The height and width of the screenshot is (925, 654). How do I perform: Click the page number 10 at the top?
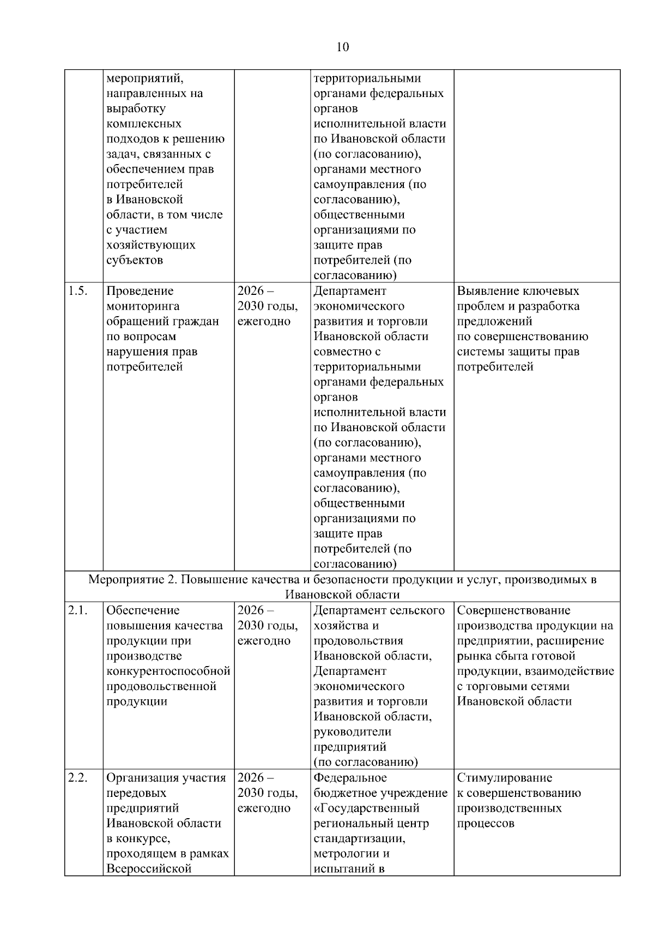[343, 47]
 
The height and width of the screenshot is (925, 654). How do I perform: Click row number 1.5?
[77, 291]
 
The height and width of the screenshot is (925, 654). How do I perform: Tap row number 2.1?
[77, 610]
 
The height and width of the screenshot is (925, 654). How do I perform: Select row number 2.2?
[77, 778]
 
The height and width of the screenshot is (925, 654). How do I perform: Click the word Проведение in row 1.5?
[140, 291]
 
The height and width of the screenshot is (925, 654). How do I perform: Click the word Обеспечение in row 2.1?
[143, 610]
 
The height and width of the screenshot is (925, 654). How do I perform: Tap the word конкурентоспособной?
[168, 671]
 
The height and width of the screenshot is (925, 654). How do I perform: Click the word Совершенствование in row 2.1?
[513, 610]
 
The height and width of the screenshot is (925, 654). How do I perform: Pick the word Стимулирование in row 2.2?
[504, 778]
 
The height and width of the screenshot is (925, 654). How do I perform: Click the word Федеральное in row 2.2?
[350, 778]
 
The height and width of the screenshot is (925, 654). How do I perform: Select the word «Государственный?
[366, 808]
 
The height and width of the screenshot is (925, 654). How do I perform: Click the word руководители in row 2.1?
[352, 731]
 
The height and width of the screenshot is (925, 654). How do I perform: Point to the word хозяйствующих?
[150, 245]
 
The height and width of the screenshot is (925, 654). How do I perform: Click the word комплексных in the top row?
[144, 124]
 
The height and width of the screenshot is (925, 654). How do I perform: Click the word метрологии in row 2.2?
[346, 854]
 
